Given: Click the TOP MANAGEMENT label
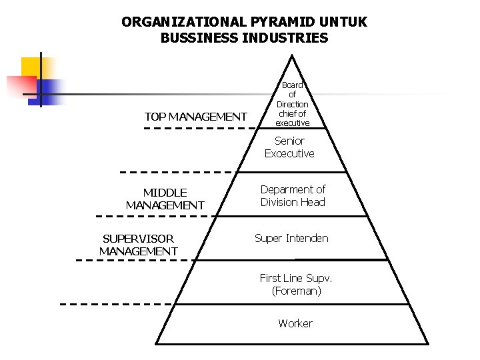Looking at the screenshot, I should [x=195, y=117].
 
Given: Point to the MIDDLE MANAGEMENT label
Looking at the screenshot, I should [x=165, y=199].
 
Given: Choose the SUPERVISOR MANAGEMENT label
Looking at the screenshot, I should [x=138, y=245].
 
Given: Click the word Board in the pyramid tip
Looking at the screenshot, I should [x=292, y=85].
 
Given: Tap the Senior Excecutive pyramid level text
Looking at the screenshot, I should [x=289, y=147].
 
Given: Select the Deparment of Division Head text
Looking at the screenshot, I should [x=293, y=196].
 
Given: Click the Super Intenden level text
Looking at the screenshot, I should [x=291, y=238].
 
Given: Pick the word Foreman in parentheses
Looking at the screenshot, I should [x=297, y=291].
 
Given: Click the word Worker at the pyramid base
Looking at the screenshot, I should [x=295, y=323].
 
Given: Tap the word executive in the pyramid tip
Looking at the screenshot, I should [x=293, y=123].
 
